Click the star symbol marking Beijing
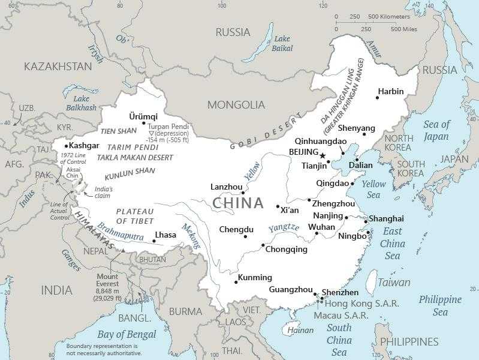point(322,155)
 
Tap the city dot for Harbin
point(378,98)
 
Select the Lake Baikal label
point(281,43)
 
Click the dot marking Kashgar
point(66,146)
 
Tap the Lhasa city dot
point(154,241)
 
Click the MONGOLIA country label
point(236,105)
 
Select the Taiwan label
point(394,282)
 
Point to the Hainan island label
point(300,330)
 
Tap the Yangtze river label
point(283,228)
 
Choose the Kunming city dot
point(236,282)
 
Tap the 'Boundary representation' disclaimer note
point(104,350)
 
